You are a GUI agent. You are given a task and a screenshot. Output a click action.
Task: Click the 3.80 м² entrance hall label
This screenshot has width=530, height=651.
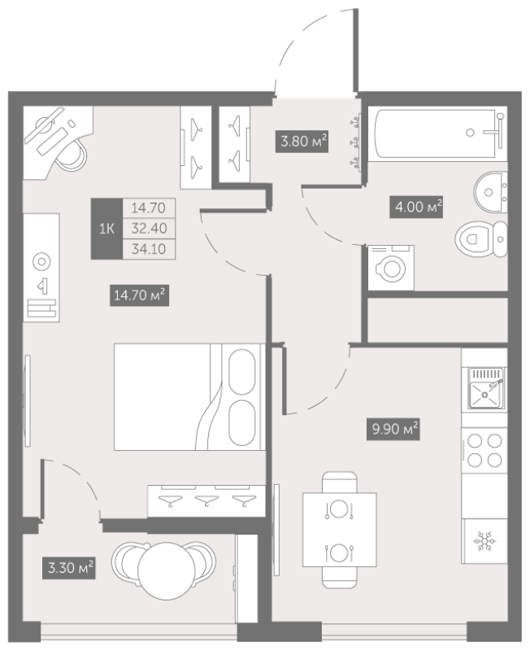[x=302, y=141]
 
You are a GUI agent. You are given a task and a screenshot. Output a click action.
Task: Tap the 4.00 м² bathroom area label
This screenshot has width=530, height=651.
[x=416, y=207]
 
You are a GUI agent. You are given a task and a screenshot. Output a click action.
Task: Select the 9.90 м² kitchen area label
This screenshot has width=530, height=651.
[x=393, y=429]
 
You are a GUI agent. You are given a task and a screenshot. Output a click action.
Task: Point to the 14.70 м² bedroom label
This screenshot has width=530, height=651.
[x=139, y=295]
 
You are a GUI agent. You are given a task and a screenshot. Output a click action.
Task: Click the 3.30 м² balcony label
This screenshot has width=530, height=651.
[x=69, y=567]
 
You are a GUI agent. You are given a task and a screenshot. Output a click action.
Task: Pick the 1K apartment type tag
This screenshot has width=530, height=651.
[x=106, y=229]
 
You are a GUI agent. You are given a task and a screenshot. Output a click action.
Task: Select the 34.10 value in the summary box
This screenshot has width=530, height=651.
[x=149, y=249]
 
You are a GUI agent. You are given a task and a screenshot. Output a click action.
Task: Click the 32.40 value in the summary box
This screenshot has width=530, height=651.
[x=149, y=229]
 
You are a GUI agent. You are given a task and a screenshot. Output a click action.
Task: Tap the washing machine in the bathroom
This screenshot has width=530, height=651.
[x=391, y=268]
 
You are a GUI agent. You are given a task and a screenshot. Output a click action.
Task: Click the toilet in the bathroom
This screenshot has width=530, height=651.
[x=481, y=239]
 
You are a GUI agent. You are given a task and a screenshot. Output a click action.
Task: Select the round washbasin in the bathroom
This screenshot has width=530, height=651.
[x=491, y=193]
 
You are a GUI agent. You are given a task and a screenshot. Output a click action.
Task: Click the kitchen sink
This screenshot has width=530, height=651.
[x=484, y=388]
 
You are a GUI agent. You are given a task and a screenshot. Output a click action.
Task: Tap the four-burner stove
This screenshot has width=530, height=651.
[x=484, y=451]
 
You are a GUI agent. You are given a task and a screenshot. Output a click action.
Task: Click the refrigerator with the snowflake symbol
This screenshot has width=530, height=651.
[x=484, y=541]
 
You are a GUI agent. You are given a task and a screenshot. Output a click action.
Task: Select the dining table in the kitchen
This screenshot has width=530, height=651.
[x=340, y=530]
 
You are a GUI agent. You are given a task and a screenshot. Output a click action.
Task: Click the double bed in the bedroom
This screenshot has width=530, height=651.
[x=189, y=396]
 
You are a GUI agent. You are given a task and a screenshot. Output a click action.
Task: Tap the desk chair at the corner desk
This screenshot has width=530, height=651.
[x=72, y=155]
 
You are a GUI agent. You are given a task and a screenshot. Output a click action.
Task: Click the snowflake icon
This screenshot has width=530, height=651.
[x=484, y=541]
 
